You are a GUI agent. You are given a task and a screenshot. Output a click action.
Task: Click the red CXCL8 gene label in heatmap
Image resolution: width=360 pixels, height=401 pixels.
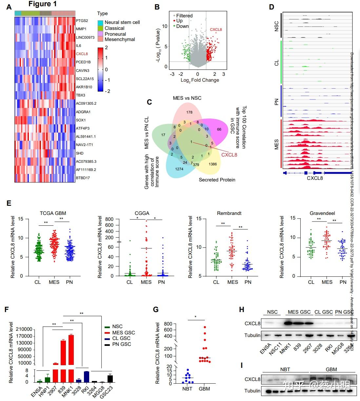coord(82,54)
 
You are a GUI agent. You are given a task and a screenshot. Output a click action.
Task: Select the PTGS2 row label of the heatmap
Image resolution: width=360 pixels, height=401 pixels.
coord(82,21)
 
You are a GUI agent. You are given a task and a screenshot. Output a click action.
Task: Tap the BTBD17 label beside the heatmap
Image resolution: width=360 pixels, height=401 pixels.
coord(83,178)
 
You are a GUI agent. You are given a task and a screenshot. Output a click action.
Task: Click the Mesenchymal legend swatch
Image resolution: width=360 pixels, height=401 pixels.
coord(100,39)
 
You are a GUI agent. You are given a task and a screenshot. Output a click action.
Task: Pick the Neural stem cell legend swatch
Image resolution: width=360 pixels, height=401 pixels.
coord(100,22)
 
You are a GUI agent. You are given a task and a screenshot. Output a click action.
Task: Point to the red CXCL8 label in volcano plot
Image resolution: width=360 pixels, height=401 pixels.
coord(216,30)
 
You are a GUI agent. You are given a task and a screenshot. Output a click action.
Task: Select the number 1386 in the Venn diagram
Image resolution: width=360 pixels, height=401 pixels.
coord(212,164)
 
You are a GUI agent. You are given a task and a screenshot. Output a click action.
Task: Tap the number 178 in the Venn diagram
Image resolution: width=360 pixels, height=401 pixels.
coord(189,112)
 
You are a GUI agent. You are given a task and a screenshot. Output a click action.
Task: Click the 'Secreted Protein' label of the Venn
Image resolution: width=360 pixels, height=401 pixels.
coord(217,180)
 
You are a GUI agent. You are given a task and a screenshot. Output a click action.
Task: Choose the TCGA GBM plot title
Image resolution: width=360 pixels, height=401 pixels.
coord(53,213)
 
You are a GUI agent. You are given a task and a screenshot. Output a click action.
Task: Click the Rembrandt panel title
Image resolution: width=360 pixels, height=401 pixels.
coord(229,213)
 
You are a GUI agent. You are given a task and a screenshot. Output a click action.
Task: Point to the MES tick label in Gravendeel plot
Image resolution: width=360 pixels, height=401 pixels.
coord(327,282)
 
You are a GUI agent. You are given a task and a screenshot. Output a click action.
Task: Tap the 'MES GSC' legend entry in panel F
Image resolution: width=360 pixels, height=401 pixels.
coord(123,332)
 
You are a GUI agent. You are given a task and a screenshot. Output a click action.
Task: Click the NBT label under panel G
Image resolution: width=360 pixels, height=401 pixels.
coord(187,389)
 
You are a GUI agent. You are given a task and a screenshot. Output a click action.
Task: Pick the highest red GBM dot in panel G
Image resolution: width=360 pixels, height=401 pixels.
coord(205,327)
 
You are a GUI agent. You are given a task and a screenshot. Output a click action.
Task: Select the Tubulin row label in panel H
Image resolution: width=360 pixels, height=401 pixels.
coord(252,335)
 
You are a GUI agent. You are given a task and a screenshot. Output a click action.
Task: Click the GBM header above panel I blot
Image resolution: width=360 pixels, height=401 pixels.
coord(331,369)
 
